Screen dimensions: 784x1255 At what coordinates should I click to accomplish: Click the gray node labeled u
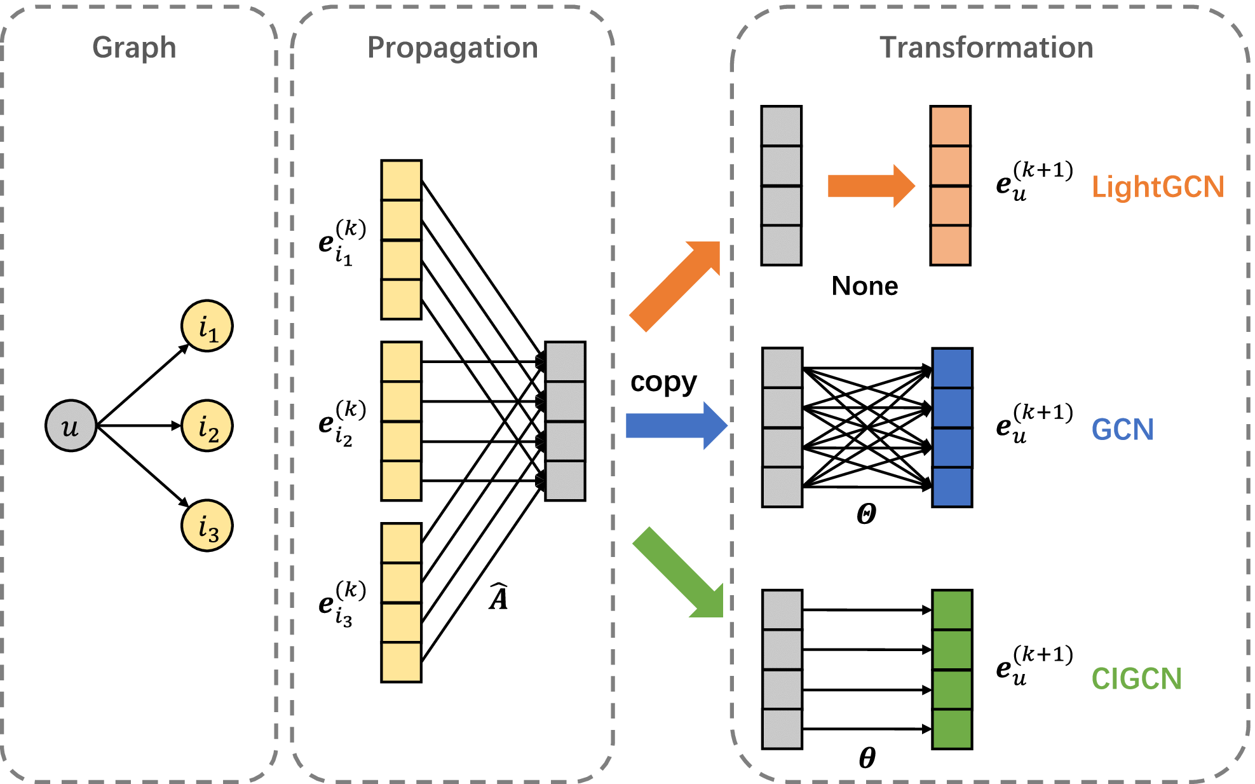tap(71, 425)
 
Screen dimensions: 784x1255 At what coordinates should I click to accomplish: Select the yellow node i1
tap(207, 326)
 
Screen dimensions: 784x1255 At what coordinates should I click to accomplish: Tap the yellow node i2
tap(207, 425)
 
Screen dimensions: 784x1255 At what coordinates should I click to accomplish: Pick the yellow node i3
tap(207, 525)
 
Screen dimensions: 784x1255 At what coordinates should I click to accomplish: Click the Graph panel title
tap(134, 48)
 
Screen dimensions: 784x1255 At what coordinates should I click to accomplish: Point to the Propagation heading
tap(452, 48)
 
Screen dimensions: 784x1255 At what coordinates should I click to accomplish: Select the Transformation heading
tap(986, 48)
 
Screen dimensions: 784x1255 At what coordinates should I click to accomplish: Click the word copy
tap(663, 382)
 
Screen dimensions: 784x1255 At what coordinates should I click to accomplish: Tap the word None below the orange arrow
tap(865, 286)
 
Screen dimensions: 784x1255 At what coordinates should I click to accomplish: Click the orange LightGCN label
tap(1158, 187)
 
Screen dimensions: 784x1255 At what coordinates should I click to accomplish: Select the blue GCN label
tap(1122, 430)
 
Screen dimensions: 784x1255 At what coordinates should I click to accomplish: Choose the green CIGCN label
tap(1136, 678)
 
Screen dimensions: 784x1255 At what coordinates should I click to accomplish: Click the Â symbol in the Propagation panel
tap(499, 597)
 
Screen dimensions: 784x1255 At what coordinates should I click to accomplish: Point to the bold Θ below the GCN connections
tap(866, 514)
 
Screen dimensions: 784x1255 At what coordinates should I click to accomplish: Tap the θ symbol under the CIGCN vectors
tap(867, 757)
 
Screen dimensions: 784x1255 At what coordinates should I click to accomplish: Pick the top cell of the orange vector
tap(950, 126)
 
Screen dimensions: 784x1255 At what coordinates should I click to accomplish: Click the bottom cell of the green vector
tap(952, 729)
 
